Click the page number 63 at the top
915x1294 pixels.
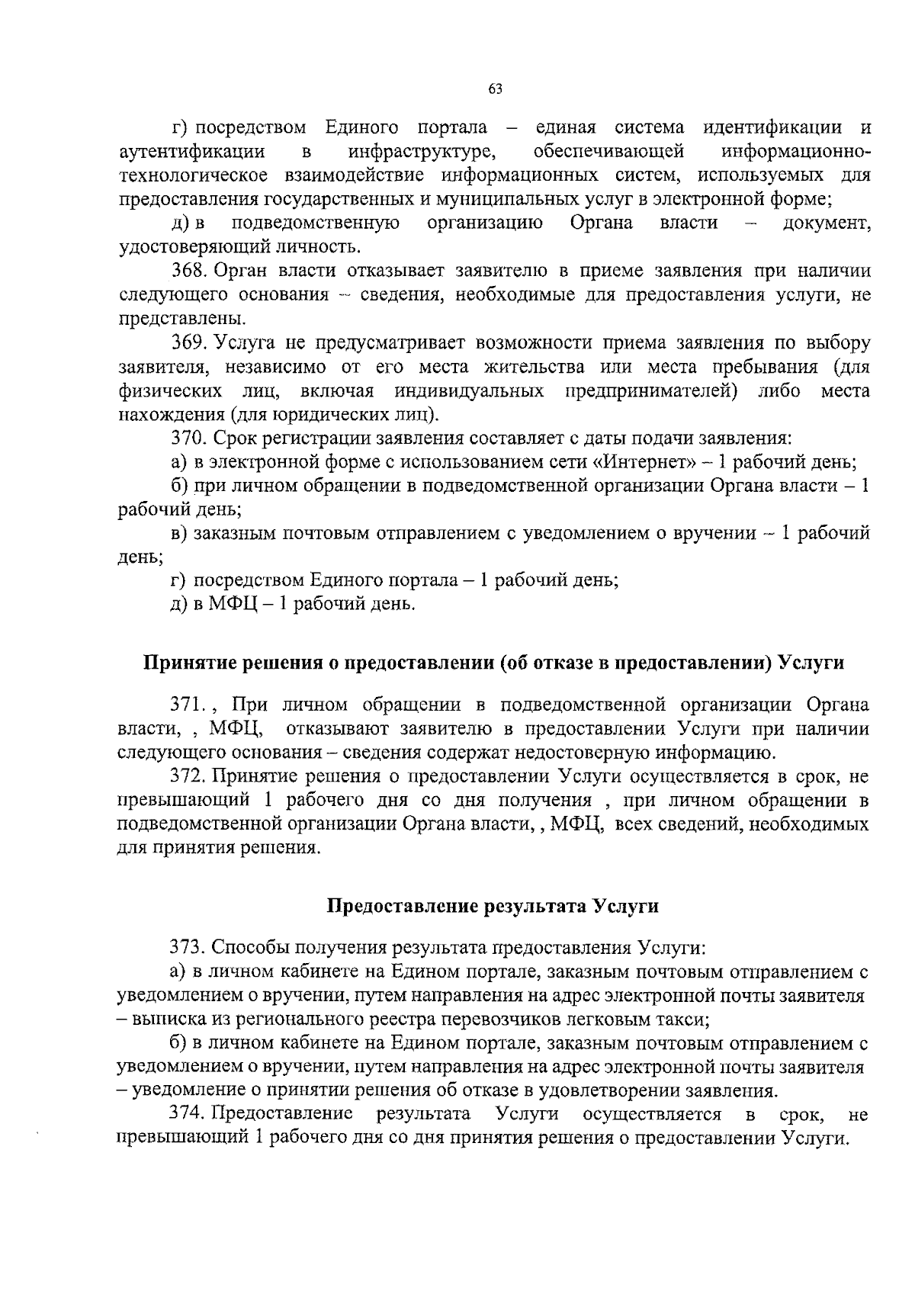tap(495, 89)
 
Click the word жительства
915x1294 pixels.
tap(535, 368)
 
